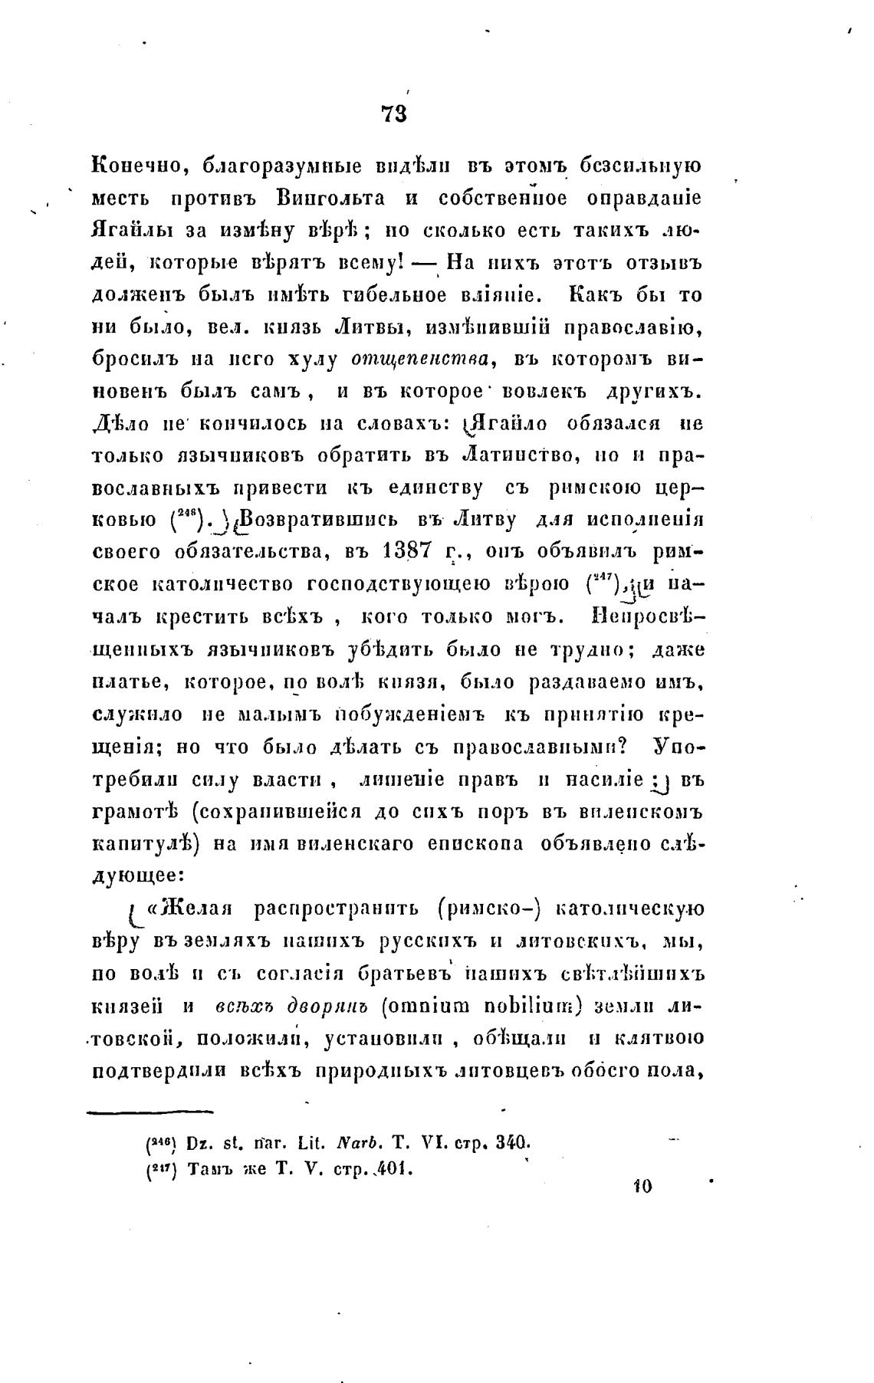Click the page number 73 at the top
(x=393, y=114)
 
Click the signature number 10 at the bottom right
(x=642, y=1186)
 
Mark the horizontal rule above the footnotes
(x=149, y=1109)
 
